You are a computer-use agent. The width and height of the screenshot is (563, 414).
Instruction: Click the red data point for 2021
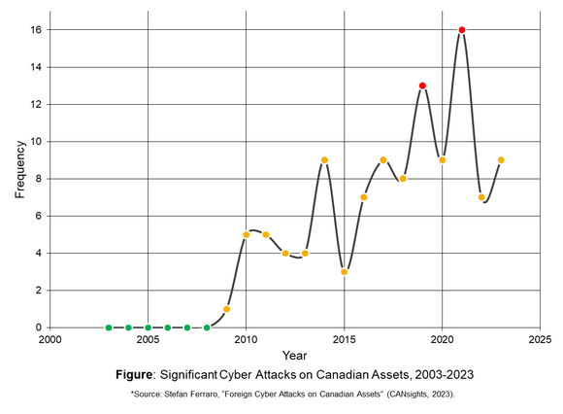point(462,30)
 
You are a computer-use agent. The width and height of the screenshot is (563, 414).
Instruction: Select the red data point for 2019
point(422,86)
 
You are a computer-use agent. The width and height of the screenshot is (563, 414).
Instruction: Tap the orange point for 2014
point(324,160)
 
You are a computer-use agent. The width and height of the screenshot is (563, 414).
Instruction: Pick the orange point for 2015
point(344,272)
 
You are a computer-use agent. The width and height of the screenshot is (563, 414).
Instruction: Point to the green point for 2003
point(109,328)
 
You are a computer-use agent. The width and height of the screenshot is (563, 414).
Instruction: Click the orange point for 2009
point(226,309)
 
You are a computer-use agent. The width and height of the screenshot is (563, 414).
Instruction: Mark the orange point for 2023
point(501,160)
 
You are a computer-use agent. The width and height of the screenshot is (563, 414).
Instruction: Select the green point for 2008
point(207,328)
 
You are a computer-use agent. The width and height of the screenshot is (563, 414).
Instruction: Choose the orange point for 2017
point(383,160)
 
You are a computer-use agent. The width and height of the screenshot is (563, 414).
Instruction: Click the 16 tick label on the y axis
point(33,30)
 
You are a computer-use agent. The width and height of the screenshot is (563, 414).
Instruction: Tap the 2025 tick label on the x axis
point(540,340)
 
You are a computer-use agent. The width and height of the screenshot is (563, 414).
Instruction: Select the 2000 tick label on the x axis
point(50,340)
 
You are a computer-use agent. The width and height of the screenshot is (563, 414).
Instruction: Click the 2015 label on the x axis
point(344,340)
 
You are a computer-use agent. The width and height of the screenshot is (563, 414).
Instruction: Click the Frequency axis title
point(19,169)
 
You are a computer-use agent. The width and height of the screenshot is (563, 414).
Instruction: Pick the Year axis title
point(295,355)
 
